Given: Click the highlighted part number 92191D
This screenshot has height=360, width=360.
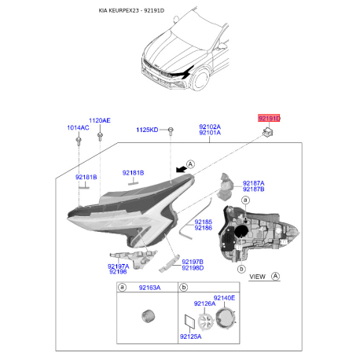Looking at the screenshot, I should (269, 118).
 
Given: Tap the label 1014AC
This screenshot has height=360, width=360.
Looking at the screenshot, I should (78, 127).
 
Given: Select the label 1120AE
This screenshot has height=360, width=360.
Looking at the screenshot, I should (100, 120).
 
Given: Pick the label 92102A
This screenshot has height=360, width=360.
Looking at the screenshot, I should (209, 127).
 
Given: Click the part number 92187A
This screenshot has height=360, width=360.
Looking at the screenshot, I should (253, 182).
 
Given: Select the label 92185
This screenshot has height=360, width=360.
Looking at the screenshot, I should (204, 222).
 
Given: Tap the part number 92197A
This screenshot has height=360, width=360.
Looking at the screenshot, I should (119, 266).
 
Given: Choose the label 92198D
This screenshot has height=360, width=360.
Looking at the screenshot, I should (193, 267).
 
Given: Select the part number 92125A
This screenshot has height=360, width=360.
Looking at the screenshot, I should (191, 337).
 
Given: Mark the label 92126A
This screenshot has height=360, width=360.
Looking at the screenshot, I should (204, 303).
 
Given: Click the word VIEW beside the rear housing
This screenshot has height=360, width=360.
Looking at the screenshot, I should (258, 277).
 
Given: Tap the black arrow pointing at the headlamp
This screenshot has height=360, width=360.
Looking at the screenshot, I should (182, 167).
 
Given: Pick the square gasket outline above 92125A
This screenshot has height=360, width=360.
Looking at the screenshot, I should (189, 321).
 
